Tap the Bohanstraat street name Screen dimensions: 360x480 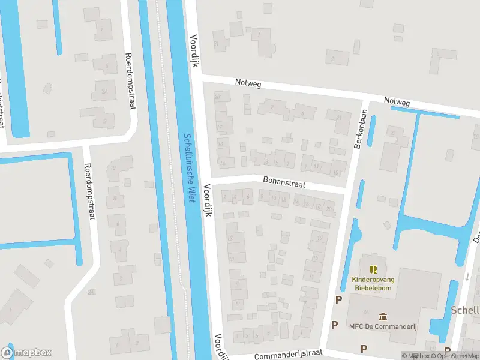284,181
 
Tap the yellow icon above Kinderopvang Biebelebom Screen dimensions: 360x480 373,269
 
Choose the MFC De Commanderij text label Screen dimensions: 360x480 383,326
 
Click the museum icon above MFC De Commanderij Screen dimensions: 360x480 383,316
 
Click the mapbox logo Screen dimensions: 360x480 26,353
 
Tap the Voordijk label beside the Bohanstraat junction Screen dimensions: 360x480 208,200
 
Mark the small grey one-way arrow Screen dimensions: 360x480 467,277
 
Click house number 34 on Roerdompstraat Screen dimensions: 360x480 104,91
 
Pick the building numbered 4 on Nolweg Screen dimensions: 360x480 303,113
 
